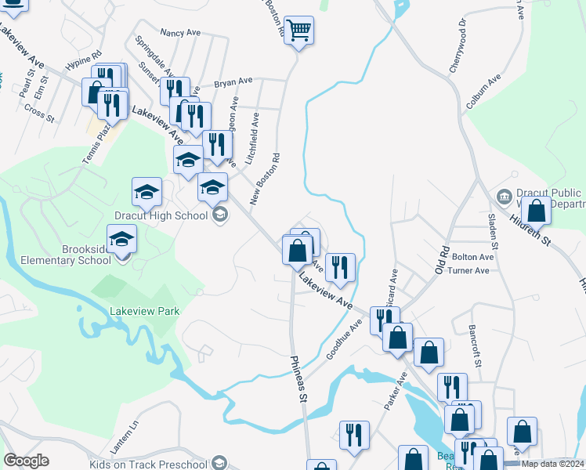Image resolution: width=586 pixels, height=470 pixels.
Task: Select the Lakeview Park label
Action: (x=146, y=311)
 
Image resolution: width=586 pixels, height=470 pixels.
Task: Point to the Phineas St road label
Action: (x=298, y=379)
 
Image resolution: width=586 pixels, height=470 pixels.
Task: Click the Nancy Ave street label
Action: (x=180, y=33)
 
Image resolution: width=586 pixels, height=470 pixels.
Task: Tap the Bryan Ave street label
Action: (x=233, y=81)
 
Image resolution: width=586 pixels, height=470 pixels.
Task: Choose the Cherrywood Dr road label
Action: (x=457, y=46)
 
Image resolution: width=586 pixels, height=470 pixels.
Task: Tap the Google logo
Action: (x=26, y=461)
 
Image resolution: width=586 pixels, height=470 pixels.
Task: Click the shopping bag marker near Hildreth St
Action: (x=537, y=210)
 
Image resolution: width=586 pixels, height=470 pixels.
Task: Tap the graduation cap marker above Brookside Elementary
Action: (x=121, y=237)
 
